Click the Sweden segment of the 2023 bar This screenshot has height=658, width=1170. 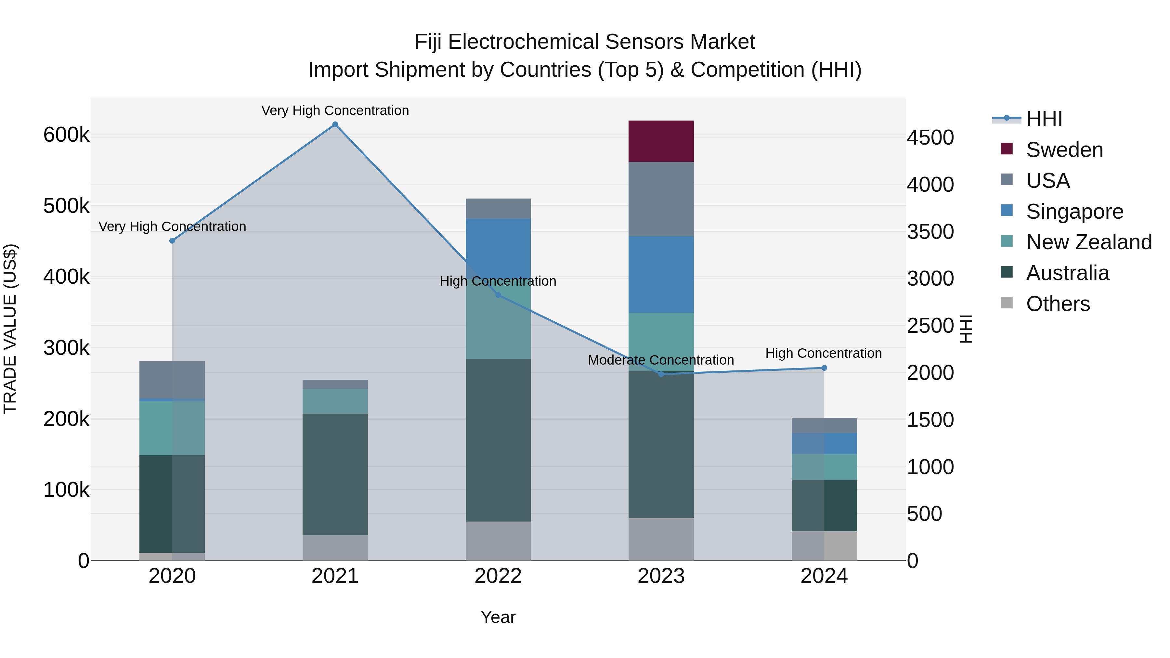[661, 141]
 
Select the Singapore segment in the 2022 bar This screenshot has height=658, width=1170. [498, 248]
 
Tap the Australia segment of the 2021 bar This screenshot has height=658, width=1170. [335, 474]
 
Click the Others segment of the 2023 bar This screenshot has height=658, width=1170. [661, 539]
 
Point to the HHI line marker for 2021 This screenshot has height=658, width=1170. [335, 124]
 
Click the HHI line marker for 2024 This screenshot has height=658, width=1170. [824, 368]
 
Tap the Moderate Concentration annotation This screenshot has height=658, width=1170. [660, 360]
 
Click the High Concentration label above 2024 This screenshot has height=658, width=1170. [824, 353]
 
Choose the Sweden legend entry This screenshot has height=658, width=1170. [1064, 150]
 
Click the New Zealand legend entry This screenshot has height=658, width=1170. [1089, 242]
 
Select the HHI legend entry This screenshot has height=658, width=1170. [1044, 119]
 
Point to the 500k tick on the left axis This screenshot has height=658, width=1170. [66, 206]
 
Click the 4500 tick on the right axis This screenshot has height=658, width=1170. [930, 137]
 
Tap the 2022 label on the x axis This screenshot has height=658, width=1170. [498, 576]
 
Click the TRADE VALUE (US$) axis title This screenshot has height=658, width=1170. [10, 329]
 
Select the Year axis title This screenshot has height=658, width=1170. [498, 617]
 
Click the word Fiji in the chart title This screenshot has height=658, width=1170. [429, 42]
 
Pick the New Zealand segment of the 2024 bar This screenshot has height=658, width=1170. [824, 467]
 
